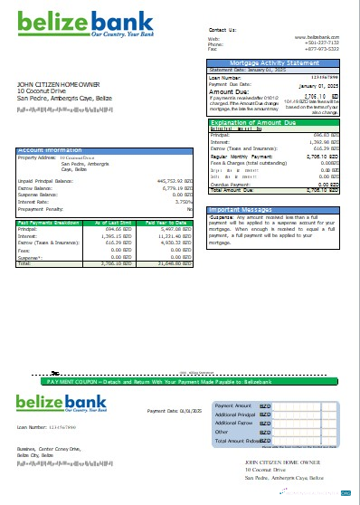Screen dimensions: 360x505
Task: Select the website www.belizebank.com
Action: tap(317, 37)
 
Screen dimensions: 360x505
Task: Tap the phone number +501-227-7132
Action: tap(321, 43)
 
